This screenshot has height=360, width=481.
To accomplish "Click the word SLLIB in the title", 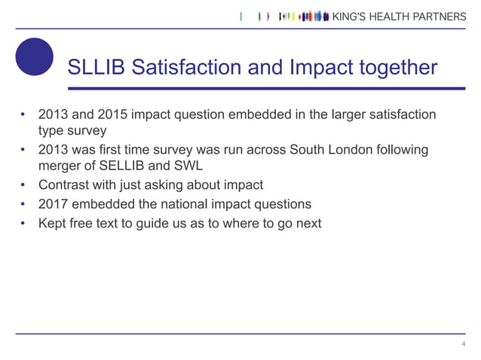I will (96, 69).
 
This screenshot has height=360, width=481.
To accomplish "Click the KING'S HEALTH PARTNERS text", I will (400, 17).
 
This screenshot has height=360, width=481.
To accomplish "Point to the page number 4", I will (463, 344).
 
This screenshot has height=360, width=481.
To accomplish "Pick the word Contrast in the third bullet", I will (64, 185).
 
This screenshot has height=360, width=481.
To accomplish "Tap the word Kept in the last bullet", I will (53, 223).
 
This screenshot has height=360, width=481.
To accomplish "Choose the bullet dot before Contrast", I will (24, 185).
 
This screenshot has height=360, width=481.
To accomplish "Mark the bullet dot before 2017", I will (24, 204).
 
